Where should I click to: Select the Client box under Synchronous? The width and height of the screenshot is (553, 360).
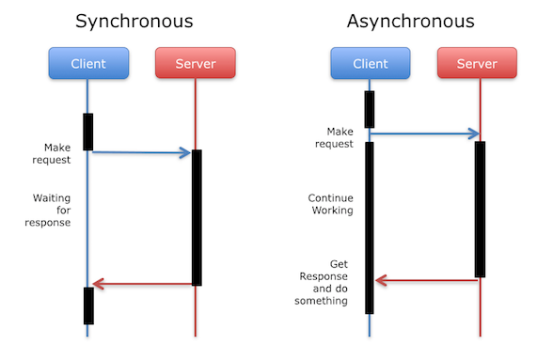click(x=87, y=64)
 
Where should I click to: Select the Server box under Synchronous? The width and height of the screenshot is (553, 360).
click(x=195, y=64)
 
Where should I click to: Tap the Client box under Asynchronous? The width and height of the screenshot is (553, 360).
click(x=370, y=64)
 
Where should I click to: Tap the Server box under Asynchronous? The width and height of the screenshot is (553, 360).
click(x=478, y=64)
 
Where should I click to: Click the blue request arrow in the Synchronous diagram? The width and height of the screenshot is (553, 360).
click(x=141, y=152)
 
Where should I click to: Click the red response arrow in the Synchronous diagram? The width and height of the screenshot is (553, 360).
click(x=141, y=284)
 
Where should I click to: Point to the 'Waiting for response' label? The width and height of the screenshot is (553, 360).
click(x=52, y=211)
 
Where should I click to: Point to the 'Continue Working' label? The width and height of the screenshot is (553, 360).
click(x=331, y=204)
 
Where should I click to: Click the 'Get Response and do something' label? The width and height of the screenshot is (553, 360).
click(x=325, y=282)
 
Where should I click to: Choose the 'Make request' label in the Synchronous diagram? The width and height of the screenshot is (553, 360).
click(x=55, y=153)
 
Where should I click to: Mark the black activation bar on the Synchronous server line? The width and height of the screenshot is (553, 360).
click(x=197, y=216)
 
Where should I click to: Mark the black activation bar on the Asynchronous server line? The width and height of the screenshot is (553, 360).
click(x=480, y=209)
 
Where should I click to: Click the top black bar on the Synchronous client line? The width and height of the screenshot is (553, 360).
click(x=88, y=132)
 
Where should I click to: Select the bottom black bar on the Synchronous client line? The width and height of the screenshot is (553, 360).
click(x=88, y=305)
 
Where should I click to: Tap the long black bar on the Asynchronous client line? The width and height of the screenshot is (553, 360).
click(x=370, y=226)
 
